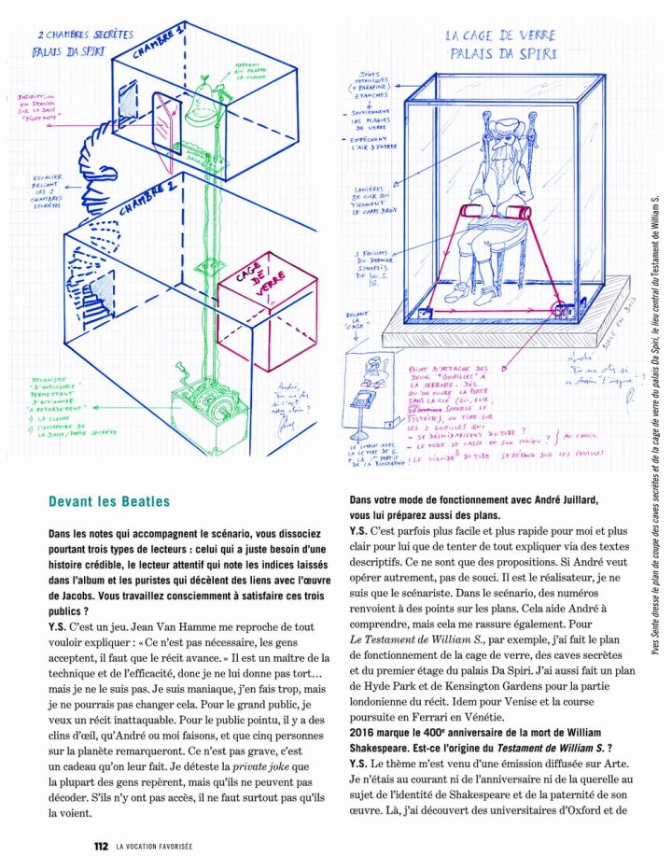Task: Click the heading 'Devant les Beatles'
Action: (x=109, y=503)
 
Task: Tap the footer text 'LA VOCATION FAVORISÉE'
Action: (x=155, y=846)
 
